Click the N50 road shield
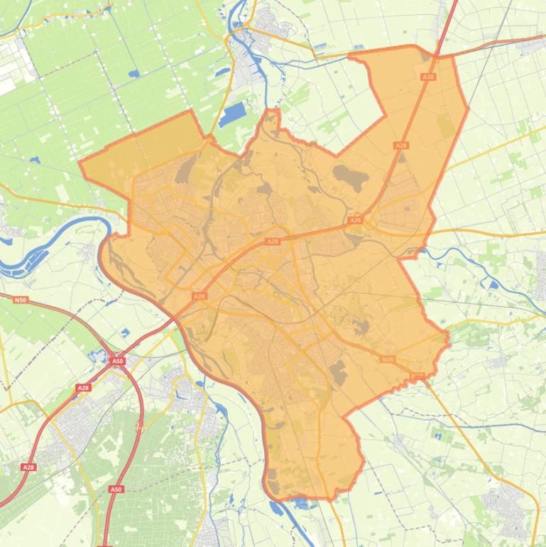tap(20, 300)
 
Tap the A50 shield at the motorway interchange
tap(118, 362)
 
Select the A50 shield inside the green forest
tap(116, 489)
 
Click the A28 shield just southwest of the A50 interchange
tap(84, 388)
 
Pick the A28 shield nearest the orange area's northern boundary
tap(427, 76)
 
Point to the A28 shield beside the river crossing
tap(200, 296)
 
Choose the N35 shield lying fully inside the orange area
tap(387, 359)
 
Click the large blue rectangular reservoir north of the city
tap(232, 114)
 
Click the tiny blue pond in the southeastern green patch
tap(436, 434)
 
